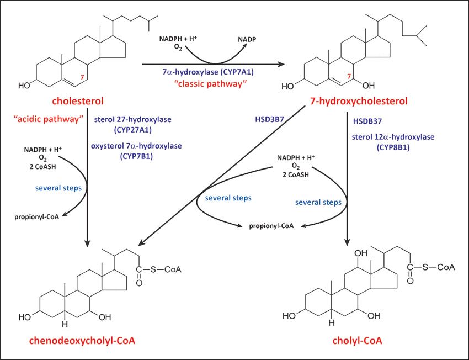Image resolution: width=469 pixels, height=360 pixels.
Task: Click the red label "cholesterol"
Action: [x=78, y=101]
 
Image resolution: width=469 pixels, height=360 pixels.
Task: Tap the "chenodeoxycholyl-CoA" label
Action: [x=82, y=340]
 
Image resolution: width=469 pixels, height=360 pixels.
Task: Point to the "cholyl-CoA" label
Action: [x=357, y=340]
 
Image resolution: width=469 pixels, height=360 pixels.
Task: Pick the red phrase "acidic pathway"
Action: [x=48, y=119]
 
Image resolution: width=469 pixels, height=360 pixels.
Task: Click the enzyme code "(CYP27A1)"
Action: [x=132, y=130]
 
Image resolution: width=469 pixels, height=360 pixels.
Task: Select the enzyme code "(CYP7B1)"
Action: [x=136, y=156]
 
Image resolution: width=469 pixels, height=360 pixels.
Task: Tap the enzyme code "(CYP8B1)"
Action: [x=393, y=147]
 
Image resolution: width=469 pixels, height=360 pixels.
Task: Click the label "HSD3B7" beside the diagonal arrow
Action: [x=269, y=119]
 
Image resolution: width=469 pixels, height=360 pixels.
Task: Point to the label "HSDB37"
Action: [x=367, y=121]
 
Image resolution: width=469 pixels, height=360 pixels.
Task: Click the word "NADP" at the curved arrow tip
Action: [x=247, y=39]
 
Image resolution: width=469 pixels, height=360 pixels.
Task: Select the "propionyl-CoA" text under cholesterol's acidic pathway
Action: [x=36, y=217]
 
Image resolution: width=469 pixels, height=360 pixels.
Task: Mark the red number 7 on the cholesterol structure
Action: [x=82, y=77]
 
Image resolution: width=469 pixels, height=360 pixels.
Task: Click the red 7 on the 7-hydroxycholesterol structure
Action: [x=349, y=77]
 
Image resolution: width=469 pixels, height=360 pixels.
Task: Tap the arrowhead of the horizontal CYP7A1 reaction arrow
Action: [x=281, y=64]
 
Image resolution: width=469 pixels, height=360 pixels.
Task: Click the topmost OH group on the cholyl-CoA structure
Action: [x=361, y=253]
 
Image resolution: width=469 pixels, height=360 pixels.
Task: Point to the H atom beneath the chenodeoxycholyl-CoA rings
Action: [x=65, y=324]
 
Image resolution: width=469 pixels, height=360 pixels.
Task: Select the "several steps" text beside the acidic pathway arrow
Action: [x=58, y=188]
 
